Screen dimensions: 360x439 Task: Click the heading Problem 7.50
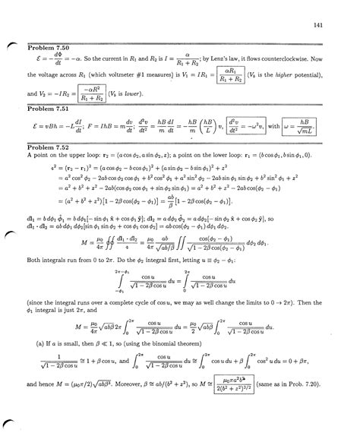(47, 48)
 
